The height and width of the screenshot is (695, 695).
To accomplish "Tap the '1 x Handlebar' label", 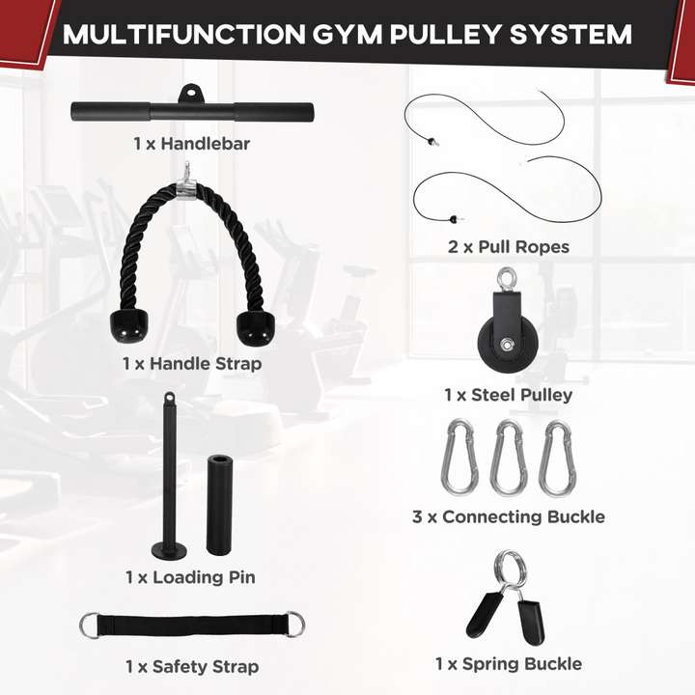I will point(192,144).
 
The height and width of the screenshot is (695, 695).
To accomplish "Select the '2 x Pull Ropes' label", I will point(508,246).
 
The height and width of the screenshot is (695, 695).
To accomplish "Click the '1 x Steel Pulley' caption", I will point(508,394).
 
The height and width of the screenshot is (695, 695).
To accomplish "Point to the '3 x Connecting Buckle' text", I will point(508,516).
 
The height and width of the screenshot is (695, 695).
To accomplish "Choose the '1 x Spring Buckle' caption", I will point(508,663).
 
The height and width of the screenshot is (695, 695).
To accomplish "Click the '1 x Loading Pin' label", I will point(190,576).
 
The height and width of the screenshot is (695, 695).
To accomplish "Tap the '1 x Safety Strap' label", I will point(191,666).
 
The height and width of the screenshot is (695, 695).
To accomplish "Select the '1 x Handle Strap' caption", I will point(191,364).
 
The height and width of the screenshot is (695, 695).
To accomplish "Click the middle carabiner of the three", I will point(508,458).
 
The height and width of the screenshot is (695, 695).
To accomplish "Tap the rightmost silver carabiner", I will point(556,458).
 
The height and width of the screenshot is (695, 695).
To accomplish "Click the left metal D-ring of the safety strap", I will point(90,628).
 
